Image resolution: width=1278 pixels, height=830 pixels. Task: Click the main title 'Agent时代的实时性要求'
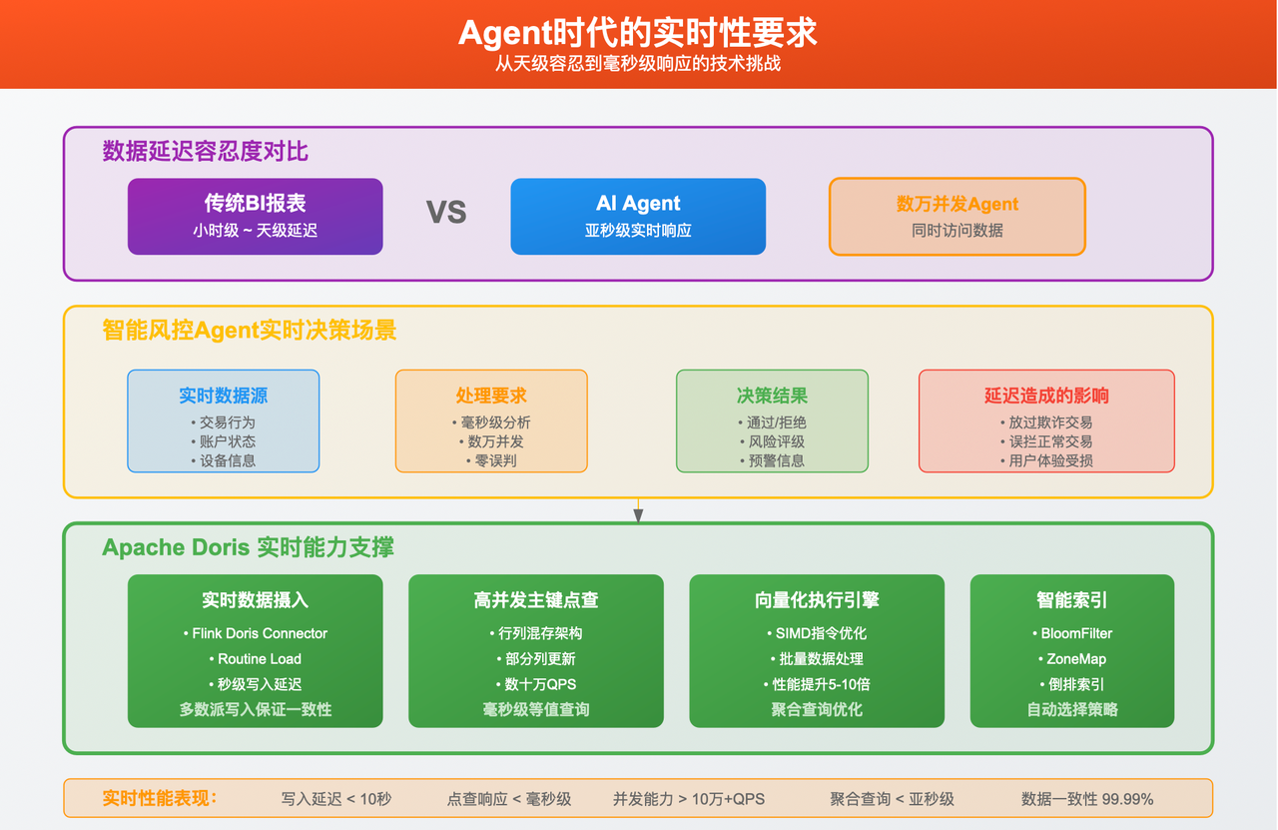(x=638, y=32)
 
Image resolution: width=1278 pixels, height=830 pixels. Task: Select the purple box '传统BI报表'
(x=255, y=216)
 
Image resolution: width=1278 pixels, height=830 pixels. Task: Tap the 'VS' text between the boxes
(x=446, y=213)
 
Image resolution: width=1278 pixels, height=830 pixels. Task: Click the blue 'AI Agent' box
(x=638, y=216)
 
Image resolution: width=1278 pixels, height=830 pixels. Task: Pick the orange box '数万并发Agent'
(x=957, y=216)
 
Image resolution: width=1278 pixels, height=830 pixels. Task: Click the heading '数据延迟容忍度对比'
(x=205, y=151)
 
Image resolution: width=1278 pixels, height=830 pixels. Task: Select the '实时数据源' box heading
(x=223, y=396)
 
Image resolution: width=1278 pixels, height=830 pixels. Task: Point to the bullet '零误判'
(x=491, y=460)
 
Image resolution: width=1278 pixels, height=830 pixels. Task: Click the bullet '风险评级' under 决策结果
(x=772, y=440)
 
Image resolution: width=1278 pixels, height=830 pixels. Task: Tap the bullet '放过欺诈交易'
(x=1046, y=421)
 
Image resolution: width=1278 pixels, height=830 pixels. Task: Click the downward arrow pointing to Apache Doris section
(x=638, y=513)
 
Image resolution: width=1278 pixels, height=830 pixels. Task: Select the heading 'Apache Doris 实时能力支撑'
(x=248, y=547)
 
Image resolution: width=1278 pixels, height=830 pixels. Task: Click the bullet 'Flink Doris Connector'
(x=255, y=633)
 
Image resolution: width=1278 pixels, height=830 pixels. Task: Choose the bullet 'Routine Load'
(x=255, y=658)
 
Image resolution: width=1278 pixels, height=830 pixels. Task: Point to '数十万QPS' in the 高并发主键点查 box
(x=535, y=684)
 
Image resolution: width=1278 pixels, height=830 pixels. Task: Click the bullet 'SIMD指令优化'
(x=816, y=633)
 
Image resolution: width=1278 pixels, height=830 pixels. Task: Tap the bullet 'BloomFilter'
(x=1071, y=633)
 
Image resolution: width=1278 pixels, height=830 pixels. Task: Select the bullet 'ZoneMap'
(x=1071, y=658)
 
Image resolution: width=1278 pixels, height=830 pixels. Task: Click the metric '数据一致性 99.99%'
(x=1086, y=799)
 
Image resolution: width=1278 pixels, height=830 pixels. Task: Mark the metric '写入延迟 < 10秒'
(x=335, y=799)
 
